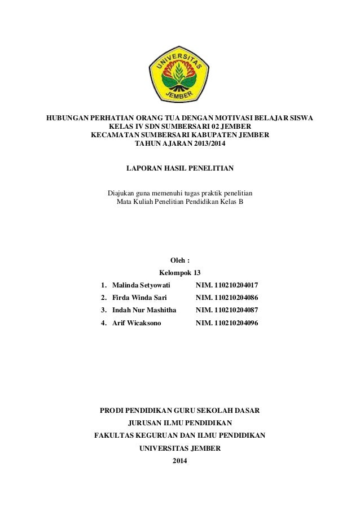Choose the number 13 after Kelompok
pos(197,272)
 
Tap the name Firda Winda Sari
pos(136,298)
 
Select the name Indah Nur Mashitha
pos(144,310)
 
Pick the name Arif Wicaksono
pos(136,323)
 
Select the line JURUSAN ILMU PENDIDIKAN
pos(179,423)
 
